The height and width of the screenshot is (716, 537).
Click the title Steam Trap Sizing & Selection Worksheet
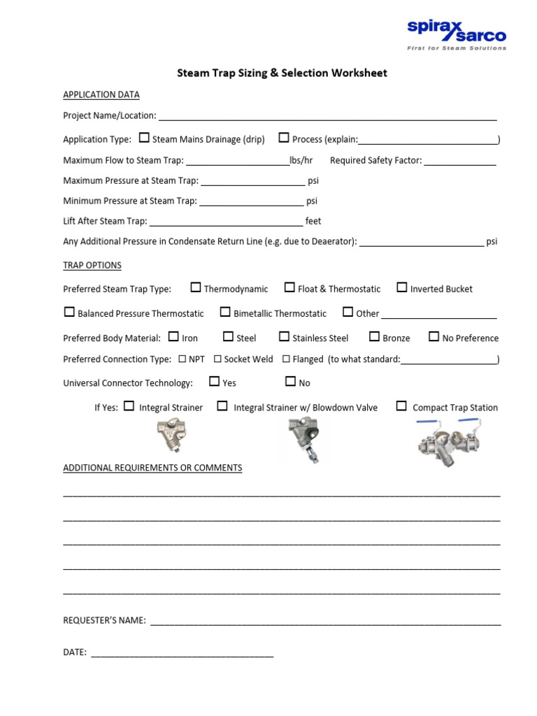(x=281, y=73)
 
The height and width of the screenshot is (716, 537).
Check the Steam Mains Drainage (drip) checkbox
(x=144, y=138)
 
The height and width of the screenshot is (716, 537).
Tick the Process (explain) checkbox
(x=284, y=138)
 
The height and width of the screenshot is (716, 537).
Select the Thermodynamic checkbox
(x=196, y=287)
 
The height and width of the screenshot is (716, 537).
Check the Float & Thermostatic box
(x=289, y=287)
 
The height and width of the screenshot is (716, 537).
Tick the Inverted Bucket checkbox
(x=402, y=287)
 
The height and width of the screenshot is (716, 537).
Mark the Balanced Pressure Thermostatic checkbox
(x=69, y=312)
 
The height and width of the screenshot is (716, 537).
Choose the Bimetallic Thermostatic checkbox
(x=225, y=312)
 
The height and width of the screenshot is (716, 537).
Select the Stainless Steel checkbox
(x=284, y=336)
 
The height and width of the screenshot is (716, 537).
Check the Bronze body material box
(x=374, y=336)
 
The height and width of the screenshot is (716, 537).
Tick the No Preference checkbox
(x=434, y=336)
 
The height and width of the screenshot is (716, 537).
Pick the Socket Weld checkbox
(x=217, y=359)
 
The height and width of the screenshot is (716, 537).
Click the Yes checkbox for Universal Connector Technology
(x=214, y=382)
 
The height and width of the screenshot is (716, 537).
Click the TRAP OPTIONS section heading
(x=92, y=266)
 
